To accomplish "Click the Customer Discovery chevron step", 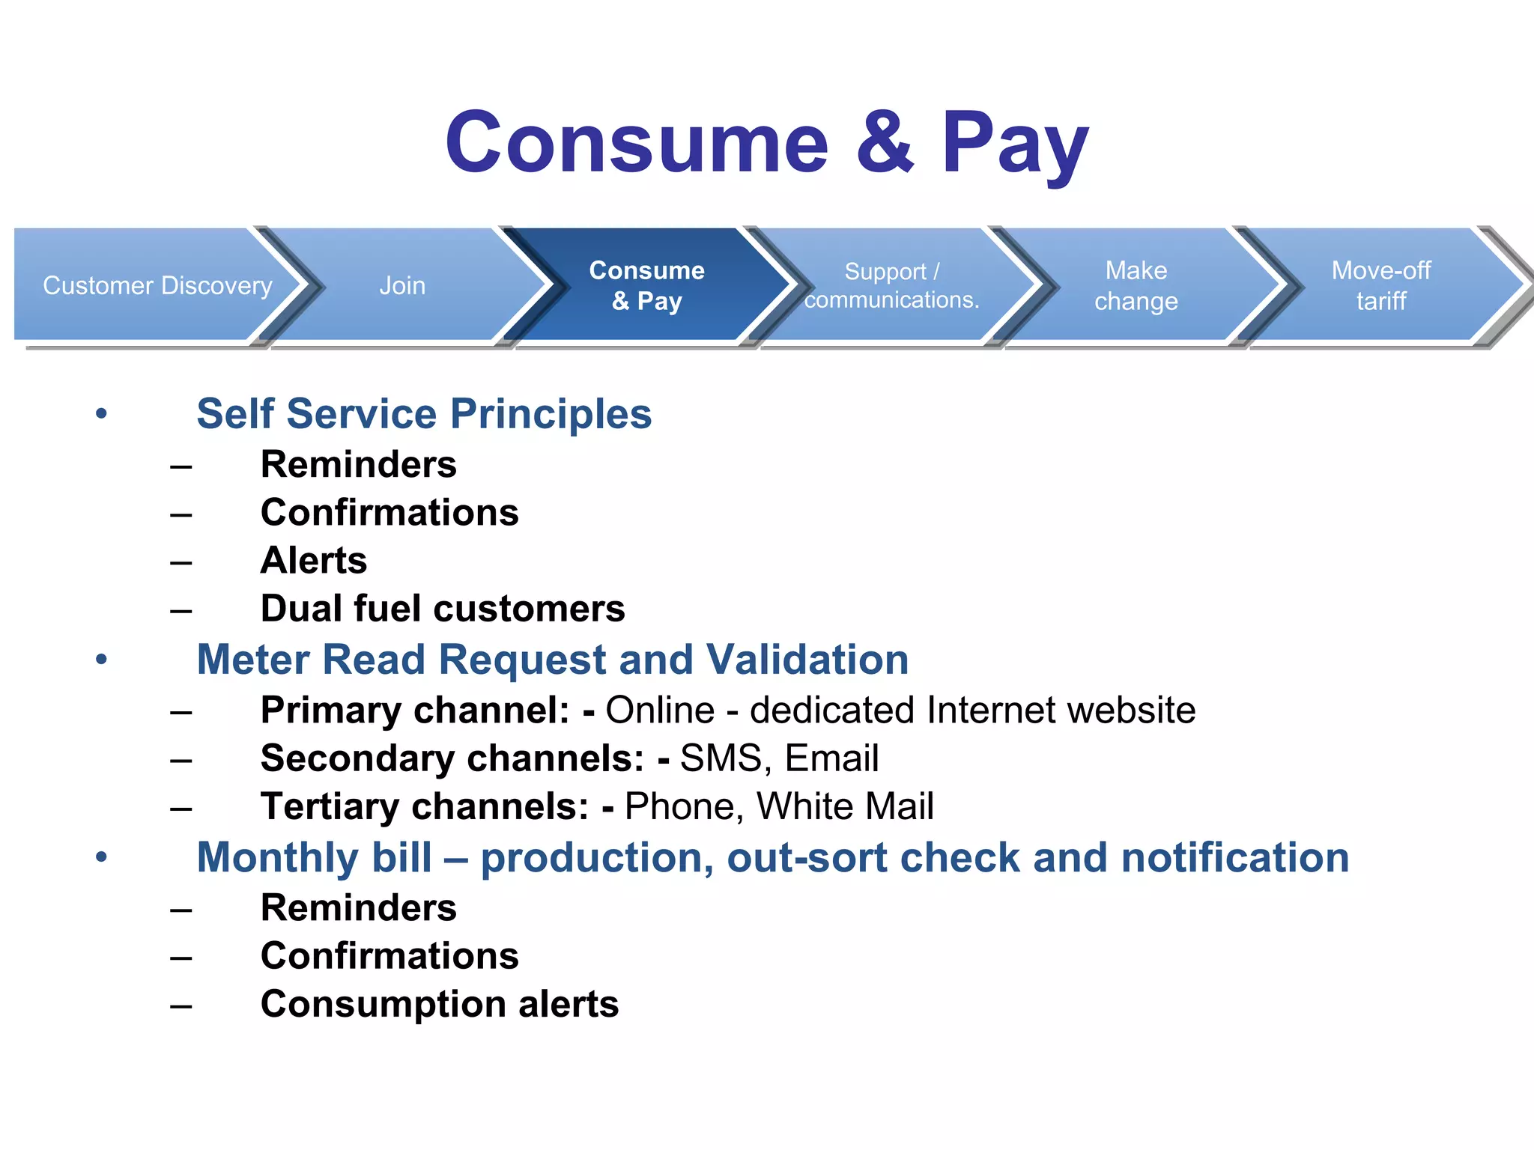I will [x=157, y=285].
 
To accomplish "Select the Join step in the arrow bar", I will [x=402, y=285].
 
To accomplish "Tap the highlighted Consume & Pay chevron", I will [x=646, y=285].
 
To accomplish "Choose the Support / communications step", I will [x=891, y=285].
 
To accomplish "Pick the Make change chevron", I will [x=1136, y=285].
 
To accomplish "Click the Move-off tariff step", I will [x=1380, y=285].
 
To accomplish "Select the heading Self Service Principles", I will [x=424, y=413].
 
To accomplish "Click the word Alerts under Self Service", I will [x=314, y=560].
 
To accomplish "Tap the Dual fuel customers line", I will [x=443, y=608].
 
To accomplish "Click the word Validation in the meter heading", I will [x=807, y=660].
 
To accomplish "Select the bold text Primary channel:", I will [x=415, y=710].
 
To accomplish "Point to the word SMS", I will [x=721, y=758].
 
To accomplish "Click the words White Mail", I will [x=845, y=806].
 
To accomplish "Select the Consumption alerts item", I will [x=440, y=1004].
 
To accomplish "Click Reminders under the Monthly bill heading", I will [x=358, y=908].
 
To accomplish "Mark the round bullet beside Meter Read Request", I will [x=102, y=660].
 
